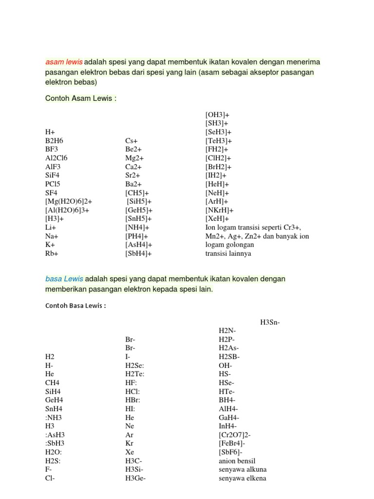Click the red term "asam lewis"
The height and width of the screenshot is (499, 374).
64,62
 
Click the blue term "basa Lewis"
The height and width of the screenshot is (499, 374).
64,279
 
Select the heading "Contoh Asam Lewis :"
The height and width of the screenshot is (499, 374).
81,98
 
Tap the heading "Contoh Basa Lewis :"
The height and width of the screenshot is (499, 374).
75,306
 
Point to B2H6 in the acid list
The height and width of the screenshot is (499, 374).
55,140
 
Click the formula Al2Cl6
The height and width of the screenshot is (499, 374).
56,158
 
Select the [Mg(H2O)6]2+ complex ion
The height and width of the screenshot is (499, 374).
69,201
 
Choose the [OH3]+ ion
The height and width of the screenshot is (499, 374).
217,114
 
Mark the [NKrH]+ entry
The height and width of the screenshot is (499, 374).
220,210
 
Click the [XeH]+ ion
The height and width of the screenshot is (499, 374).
217,219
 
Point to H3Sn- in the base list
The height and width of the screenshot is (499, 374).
270,322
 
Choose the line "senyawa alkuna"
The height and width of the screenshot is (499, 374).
243,470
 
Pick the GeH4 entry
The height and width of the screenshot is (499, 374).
54,400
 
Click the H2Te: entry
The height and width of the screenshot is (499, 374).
135,374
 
